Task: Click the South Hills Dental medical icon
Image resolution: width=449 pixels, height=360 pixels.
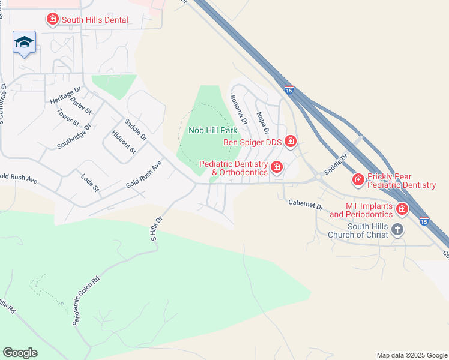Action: [x=53, y=20]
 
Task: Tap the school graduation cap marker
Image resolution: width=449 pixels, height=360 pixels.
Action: [x=24, y=42]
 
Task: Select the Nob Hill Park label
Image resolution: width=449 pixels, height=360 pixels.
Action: [x=212, y=130]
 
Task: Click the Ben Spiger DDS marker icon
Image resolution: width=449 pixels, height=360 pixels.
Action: [x=291, y=142]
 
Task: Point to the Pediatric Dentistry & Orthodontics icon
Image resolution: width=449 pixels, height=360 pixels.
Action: [x=277, y=167]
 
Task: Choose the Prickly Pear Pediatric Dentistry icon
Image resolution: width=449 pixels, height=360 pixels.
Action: [x=358, y=179]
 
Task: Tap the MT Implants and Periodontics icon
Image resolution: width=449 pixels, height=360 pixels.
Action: [x=402, y=209]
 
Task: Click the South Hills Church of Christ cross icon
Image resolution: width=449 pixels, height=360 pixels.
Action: [x=397, y=229]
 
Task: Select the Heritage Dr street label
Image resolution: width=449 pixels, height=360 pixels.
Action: [x=65, y=94]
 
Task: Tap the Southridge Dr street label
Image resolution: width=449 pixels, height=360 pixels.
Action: [x=74, y=136]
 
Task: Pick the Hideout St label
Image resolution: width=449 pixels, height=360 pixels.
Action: [x=124, y=142]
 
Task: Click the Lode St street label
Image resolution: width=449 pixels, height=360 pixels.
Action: [x=90, y=182]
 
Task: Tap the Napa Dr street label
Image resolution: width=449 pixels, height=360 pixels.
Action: [x=262, y=122]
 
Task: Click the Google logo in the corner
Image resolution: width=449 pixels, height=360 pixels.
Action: [x=20, y=353]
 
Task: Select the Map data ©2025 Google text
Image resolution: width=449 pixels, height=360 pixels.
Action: [x=411, y=355]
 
